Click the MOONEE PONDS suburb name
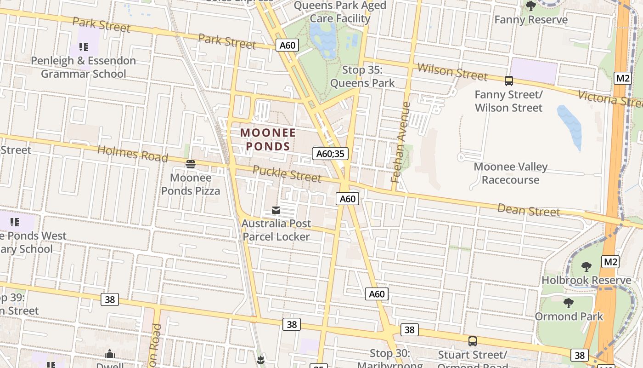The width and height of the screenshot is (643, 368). (x=268, y=139)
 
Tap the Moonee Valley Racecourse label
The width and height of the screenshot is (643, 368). (x=510, y=173)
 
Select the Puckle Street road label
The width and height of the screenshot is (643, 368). (x=287, y=173)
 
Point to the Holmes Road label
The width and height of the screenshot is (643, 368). (x=133, y=153)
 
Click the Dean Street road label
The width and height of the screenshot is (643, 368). (x=529, y=210)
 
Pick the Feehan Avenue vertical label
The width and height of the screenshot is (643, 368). (x=400, y=142)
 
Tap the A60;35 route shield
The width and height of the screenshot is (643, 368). (x=330, y=153)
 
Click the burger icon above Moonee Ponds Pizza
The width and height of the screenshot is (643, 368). (x=191, y=164)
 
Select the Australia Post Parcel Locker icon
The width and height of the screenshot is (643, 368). (x=276, y=210)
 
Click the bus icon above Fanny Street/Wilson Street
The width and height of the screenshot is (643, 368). (x=508, y=81)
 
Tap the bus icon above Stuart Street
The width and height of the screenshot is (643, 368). (x=472, y=341)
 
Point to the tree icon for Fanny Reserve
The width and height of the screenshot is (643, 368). (x=531, y=6)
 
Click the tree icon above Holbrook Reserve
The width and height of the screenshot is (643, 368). (x=586, y=266)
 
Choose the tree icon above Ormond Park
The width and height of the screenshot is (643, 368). (x=569, y=303)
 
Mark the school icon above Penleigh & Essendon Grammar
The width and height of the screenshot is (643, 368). (x=83, y=46)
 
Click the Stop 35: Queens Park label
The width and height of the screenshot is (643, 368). (x=362, y=76)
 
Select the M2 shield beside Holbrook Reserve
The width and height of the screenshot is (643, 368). (x=610, y=262)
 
